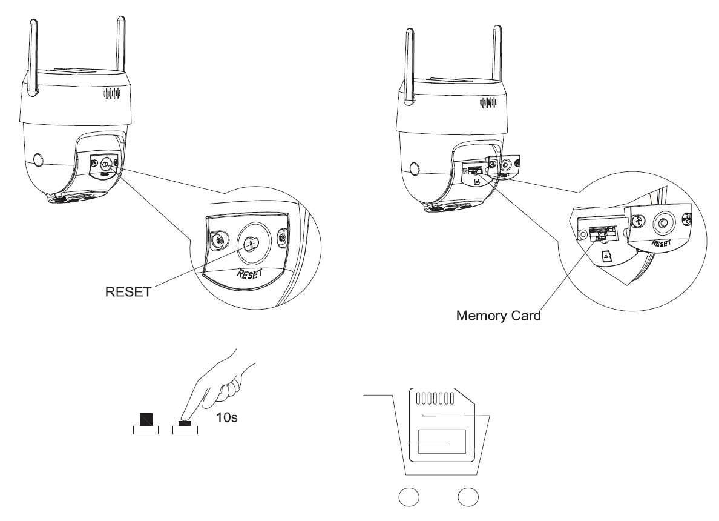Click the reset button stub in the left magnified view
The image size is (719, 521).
tap(249, 244)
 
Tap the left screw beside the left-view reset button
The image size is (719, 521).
tap(216, 238)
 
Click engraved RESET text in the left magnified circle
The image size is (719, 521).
tap(249, 274)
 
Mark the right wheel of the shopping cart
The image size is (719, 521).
tap(467, 497)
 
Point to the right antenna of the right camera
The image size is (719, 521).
tap(496, 55)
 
